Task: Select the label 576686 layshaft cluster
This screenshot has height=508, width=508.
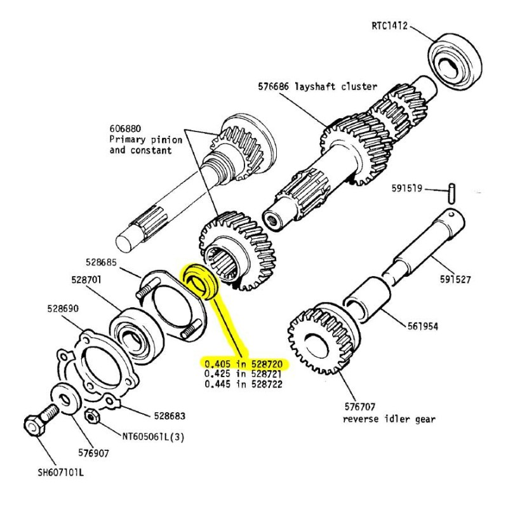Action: [317, 86]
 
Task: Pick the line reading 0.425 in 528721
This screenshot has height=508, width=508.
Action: [243, 374]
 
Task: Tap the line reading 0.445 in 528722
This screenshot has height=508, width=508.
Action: [243, 384]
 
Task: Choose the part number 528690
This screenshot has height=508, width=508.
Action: [63, 309]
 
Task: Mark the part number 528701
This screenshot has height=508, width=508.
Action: [87, 279]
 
